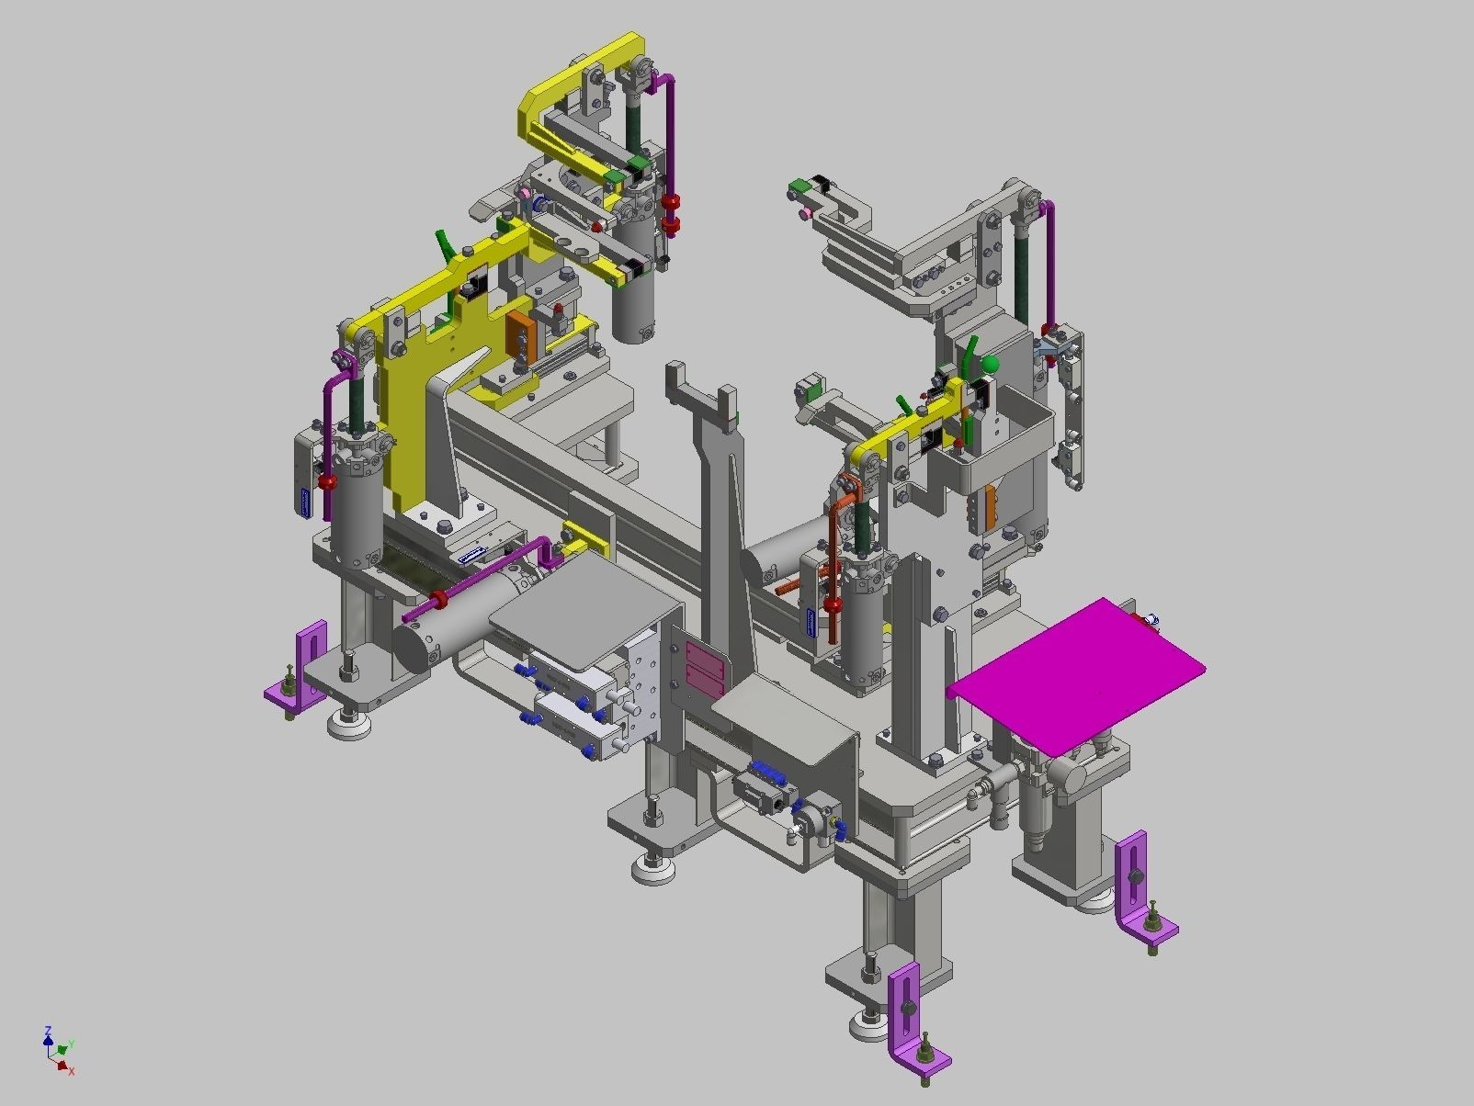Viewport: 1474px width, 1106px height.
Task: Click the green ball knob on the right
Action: pos(989,366)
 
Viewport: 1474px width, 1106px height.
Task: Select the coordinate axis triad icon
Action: pos(58,1050)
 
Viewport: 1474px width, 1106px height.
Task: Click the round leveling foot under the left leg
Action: pos(349,726)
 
